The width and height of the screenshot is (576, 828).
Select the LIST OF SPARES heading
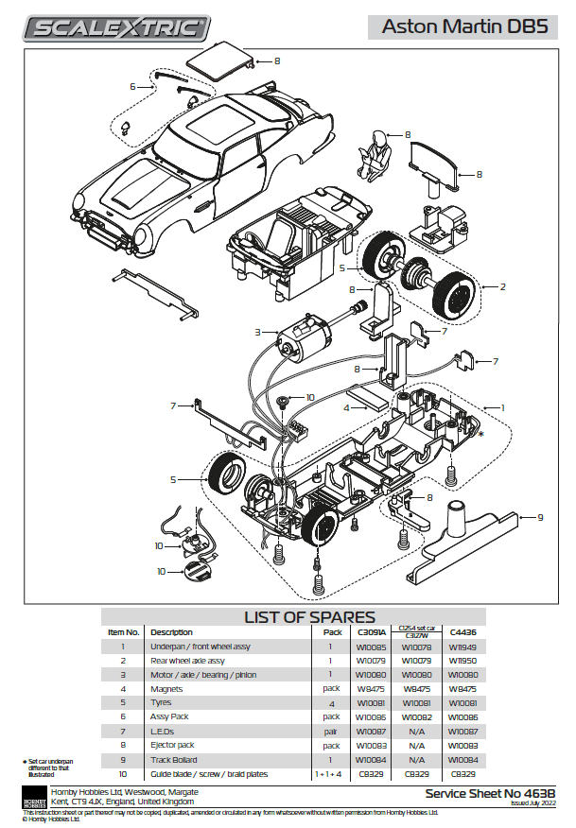[309, 616]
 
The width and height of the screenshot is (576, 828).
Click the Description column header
[171, 632]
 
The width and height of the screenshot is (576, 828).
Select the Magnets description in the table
[166, 689]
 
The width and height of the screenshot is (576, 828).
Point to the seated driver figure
[377, 155]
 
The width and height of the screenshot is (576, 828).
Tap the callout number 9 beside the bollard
[540, 517]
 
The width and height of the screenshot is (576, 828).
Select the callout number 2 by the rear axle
[503, 285]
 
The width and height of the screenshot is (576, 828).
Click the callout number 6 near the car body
[133, 86]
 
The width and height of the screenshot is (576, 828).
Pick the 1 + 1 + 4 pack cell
[330, 774]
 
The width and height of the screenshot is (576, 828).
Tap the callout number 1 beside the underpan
[503, 407]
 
